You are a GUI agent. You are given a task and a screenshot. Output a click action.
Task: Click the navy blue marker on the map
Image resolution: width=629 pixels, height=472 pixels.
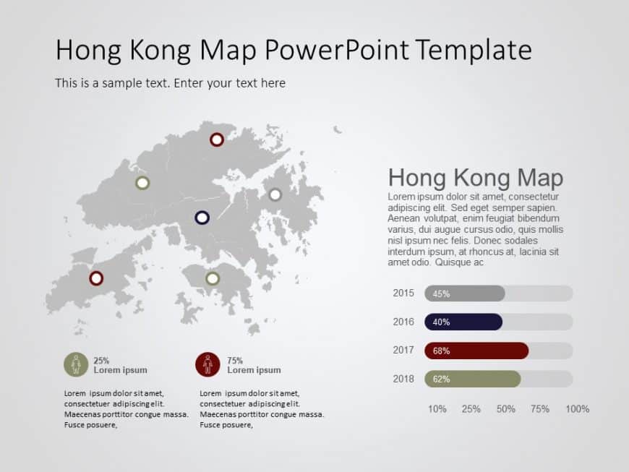tap(202, 217)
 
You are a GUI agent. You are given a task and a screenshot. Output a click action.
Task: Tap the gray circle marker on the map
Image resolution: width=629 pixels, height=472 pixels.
tap(275, 194)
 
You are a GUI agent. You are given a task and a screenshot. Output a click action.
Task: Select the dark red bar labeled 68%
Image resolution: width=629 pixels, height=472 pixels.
tap(476, 351)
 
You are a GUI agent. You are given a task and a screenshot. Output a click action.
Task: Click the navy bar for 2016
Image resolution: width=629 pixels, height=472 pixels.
tap(463, 322)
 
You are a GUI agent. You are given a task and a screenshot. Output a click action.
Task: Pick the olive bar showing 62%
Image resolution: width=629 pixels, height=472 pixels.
tap(472, 379)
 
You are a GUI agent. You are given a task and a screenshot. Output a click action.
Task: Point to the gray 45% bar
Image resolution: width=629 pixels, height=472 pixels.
tap(465, 293)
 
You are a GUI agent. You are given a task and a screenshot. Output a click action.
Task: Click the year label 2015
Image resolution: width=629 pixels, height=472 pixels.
tap(403, 293)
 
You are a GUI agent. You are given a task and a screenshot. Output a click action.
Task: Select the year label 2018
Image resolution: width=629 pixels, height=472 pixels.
tap(403, 378)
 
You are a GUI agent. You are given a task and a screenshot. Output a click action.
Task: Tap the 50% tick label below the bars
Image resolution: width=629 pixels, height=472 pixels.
tap(506, 409)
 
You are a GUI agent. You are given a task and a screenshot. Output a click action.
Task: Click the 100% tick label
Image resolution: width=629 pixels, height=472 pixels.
tap(577, 409)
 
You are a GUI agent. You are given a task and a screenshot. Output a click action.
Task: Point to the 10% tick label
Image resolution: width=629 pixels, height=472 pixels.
tap(437, 409)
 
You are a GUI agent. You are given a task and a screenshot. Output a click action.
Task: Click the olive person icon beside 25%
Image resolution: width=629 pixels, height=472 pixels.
tap(75, 365)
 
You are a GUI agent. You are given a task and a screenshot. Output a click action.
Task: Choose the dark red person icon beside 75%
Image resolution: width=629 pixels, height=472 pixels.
tap(207, 365)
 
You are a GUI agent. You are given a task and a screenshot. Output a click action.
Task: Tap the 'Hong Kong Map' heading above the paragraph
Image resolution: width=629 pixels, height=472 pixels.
tap(475, 178)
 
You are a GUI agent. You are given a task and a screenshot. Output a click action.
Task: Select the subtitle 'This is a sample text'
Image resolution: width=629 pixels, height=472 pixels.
tap(170, 83)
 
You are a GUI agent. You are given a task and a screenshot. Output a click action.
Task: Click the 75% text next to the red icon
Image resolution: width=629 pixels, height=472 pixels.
tap(235, 360)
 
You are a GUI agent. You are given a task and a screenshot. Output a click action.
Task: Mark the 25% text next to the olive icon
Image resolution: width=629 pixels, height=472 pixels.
tap(101, 360)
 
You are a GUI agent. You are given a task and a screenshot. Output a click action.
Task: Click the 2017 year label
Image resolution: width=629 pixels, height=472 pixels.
tap(403, 350)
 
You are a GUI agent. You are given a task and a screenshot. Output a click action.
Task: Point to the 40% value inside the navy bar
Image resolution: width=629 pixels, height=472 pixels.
tap(441, 322)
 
